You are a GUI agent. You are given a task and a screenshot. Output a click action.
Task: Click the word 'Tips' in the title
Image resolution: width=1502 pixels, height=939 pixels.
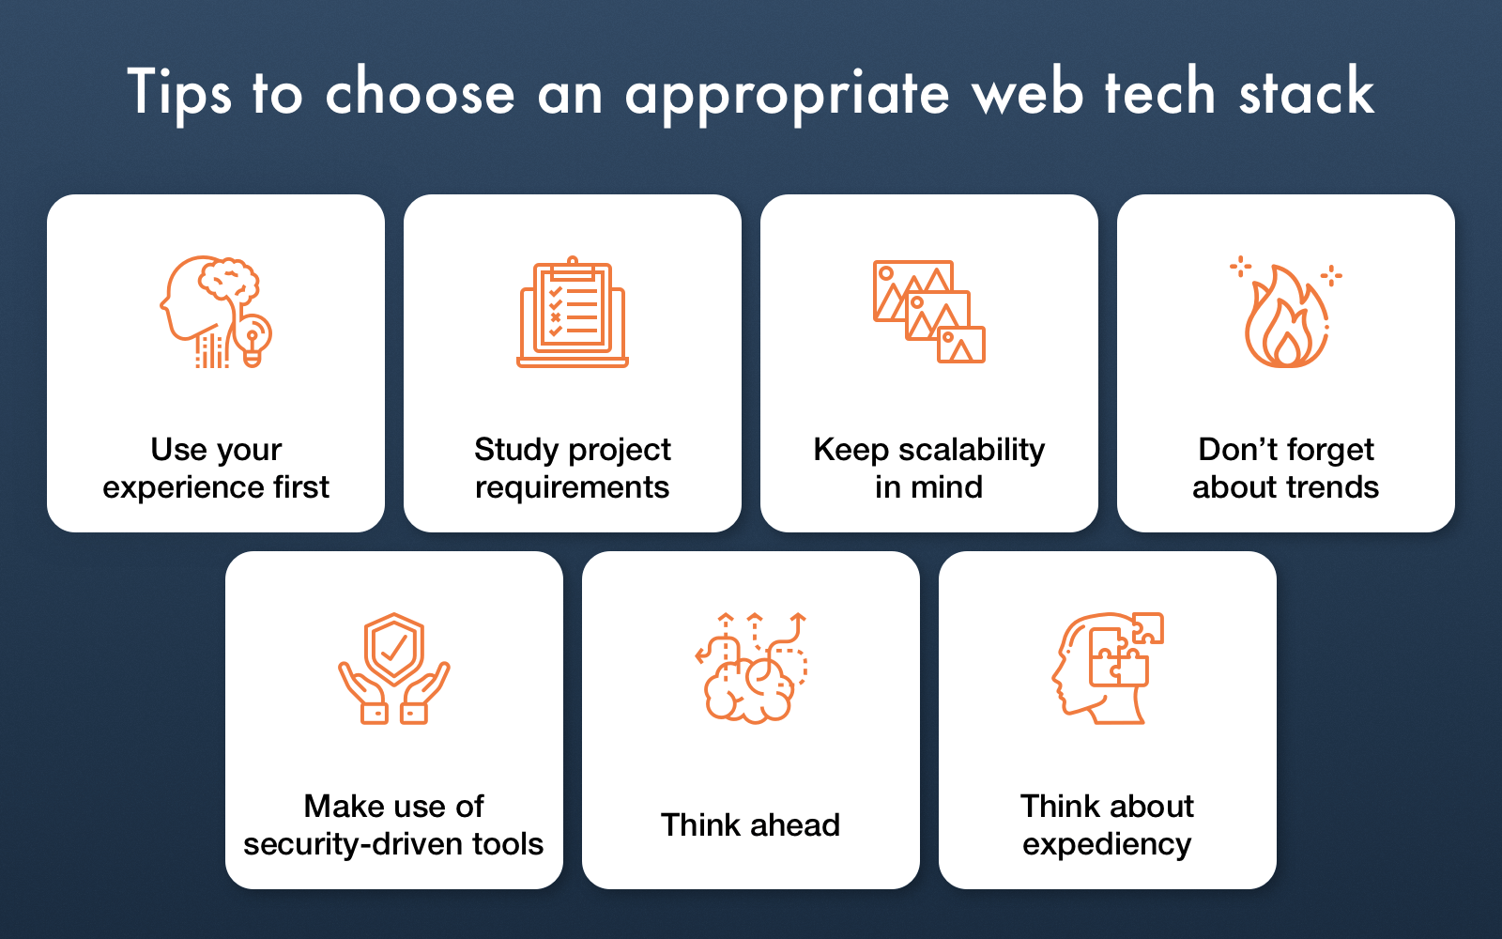pos(179,93)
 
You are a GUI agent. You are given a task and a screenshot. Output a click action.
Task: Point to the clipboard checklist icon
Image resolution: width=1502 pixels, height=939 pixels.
pos(573,312)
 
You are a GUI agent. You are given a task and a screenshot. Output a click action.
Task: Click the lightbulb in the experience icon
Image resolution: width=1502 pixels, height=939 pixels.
pos(253,340)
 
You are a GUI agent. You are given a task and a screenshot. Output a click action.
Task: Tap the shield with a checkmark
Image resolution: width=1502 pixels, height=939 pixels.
pos(393,648)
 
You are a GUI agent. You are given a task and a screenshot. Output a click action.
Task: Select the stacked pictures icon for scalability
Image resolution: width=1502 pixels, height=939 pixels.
pos(929,312)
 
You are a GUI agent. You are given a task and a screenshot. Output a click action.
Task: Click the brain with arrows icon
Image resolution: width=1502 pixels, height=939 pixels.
pos(751,668)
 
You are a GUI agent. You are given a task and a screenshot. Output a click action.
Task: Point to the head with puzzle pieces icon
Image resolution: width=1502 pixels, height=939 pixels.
pos(1108,668)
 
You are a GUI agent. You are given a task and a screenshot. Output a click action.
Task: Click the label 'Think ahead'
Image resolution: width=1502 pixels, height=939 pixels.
pos(750,824)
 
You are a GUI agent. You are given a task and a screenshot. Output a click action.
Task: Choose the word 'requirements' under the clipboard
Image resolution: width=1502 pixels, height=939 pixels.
pos(572,487)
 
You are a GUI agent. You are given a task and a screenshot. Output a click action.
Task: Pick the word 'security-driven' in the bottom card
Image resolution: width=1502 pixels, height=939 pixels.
pos(353,844)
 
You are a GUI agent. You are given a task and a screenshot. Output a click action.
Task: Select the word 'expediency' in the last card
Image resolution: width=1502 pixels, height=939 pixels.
pos(1107,844)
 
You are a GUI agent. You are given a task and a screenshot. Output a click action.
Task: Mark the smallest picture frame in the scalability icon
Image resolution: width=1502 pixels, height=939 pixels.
pos(961,345)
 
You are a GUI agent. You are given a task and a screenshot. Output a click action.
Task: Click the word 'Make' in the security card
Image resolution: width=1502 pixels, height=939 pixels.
pos(338,807)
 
